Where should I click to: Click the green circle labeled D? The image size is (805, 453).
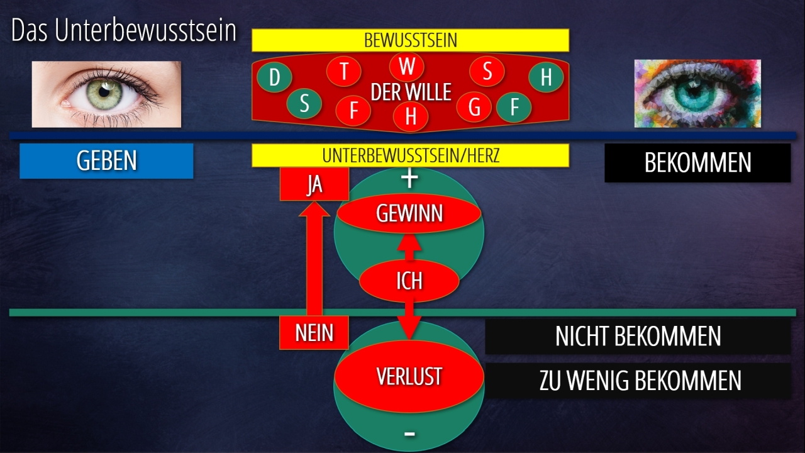click(274, 78)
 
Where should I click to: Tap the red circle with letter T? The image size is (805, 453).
click(344, 71)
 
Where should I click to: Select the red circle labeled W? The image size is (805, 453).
click(407, 66)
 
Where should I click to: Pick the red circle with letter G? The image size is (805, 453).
click(474, 107)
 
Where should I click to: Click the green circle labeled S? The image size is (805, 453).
click(304, 103)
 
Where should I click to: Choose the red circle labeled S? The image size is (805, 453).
click(487, 71)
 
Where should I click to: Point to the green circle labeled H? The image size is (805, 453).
click(546, 77)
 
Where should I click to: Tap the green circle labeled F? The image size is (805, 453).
click(514, 107)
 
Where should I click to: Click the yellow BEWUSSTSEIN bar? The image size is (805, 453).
click(410, 40)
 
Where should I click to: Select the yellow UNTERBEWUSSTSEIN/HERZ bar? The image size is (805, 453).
click(410, 155)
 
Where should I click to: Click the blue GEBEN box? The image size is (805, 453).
click(106, 161)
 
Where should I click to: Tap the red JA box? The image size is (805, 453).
click(314, 184)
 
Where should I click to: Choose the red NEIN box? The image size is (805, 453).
click(314, 332)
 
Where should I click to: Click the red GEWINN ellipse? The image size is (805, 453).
click(409, 214)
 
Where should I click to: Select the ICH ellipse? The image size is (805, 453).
click(409, 281)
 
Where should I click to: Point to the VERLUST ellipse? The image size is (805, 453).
click(409, 376)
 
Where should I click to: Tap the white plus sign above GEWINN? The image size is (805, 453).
click(409, 179)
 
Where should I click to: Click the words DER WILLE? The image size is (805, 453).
click(411, 92)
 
